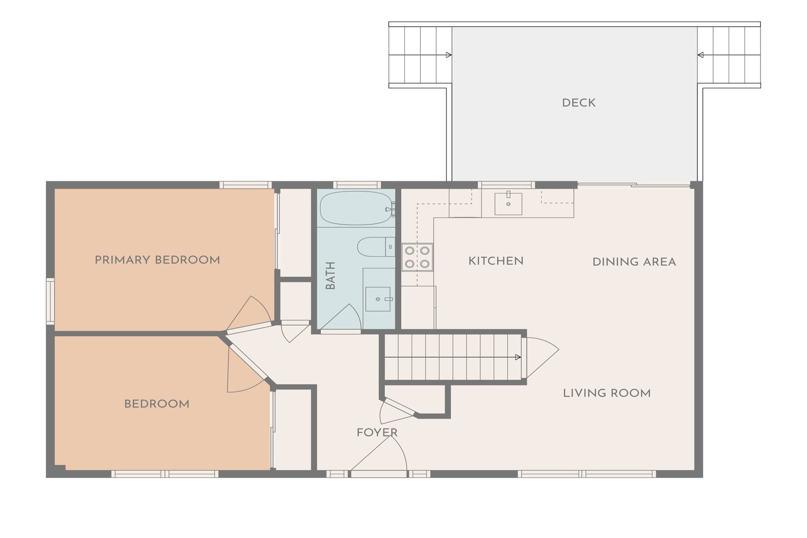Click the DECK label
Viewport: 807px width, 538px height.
click(579, 103)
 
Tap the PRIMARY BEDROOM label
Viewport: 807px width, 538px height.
click(157, 260)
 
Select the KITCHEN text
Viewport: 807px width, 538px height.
click(496, 261)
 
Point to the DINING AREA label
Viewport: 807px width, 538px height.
click(634, 262)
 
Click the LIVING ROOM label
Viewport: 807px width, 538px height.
click(607, 393)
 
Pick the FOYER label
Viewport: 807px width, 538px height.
click(377, 433)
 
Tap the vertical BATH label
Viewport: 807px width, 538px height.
click(330, 275)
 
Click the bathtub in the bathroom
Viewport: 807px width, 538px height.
click(357, 208)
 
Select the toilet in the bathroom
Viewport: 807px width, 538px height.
click(376, 247)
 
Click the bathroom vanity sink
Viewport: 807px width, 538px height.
click(378, 299)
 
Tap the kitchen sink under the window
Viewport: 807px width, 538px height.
click(508, 204)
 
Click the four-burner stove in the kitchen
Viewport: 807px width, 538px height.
click(417, 257)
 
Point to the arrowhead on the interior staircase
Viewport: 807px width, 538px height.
click(518, 357)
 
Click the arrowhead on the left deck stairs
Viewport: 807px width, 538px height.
click(449, 55)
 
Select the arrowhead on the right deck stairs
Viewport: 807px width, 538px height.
click(701, 55)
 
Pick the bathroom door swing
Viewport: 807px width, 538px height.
click(341, 317)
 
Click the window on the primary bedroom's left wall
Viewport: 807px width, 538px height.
click(50, 301)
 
